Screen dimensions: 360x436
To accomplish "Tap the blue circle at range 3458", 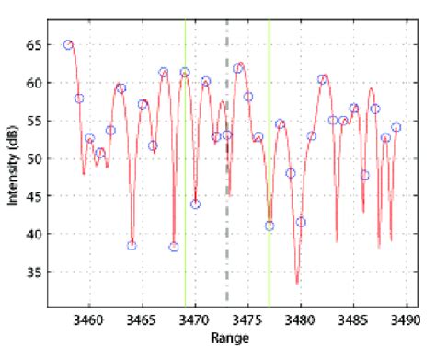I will [x=68, y=44].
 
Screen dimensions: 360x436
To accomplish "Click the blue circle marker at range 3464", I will [x=132, y=245].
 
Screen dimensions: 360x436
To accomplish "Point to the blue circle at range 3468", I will [x=174, y=247].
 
